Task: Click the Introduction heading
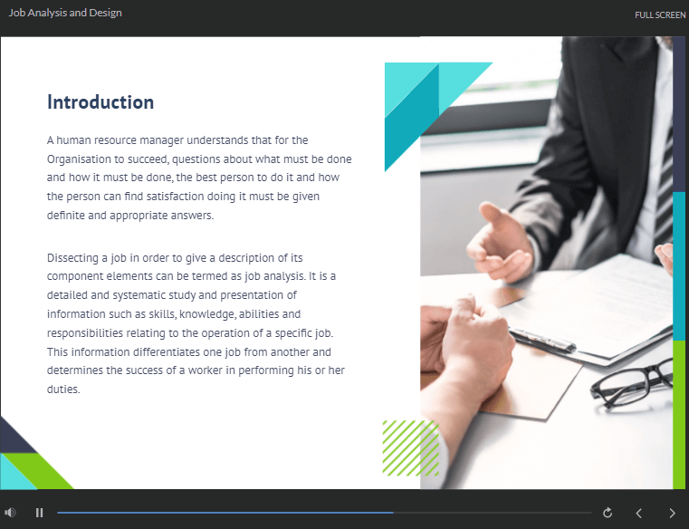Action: [100, 102]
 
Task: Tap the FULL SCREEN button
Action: [660, 15]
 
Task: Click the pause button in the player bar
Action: [40, 513]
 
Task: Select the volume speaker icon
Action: [10, 513]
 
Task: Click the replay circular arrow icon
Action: [608, 513]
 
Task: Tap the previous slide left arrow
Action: [639, 514]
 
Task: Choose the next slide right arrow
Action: [672, 514]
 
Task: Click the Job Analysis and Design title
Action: [65, 13]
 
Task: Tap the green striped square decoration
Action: [411, 448]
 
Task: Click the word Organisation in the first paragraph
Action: [79, 159]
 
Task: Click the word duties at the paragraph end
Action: [63, 390]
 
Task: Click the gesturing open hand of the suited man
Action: [500, 242]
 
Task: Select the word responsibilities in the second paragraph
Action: [85, 333]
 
